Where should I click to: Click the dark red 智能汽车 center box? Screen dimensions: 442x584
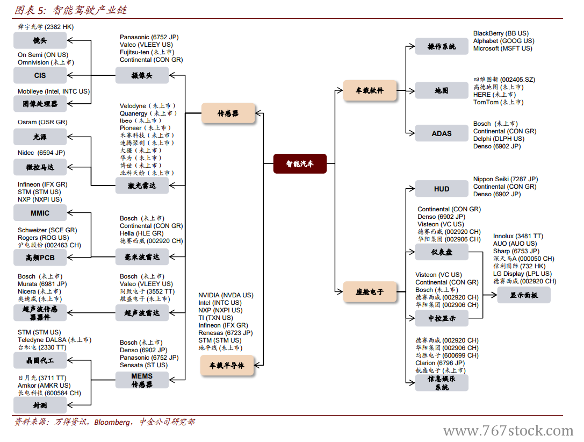pyautogui.click(x=300, y=163)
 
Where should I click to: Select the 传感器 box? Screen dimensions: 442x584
pyautogui.click(x=228, y=113)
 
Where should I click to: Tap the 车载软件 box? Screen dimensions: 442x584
pyautogui.click(x=370, y=91)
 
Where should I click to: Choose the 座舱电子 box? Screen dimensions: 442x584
pyautogui.click(x=370, y=292)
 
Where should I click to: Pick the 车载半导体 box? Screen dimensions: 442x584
pyautogui.click(x=227, y=366)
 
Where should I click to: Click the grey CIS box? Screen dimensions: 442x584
pyautogui.click(x=40, y=76)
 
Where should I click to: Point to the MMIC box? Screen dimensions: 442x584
pyautogui.click(x=40, y=213)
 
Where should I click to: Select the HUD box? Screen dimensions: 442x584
pyautogui.click(x=442, y=189)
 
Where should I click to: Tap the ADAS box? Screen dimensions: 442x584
pyautogui.click(x=442, y=133)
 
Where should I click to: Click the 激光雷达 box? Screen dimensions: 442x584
pyautogui.click(x=142, y=186)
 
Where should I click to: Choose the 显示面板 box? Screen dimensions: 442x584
pyautogui.click(x=523, y=295)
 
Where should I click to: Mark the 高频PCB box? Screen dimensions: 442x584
pyautogui.click(x=40, y=258)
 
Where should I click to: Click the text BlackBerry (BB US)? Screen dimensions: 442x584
pyautogui.click(x=501, y=33)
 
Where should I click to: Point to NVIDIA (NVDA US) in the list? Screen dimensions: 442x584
pyautogui.click(x=226, y=295)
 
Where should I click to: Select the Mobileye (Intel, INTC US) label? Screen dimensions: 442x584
pyautogui.click(x=54, y=91)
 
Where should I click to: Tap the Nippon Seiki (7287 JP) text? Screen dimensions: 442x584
pyautogui.click(x=506, y=179)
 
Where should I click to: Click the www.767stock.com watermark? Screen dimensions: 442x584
pyautogui.click(x=508, y=431)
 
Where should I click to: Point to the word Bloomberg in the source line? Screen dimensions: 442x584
pyautogui.click(x=112, y=422)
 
